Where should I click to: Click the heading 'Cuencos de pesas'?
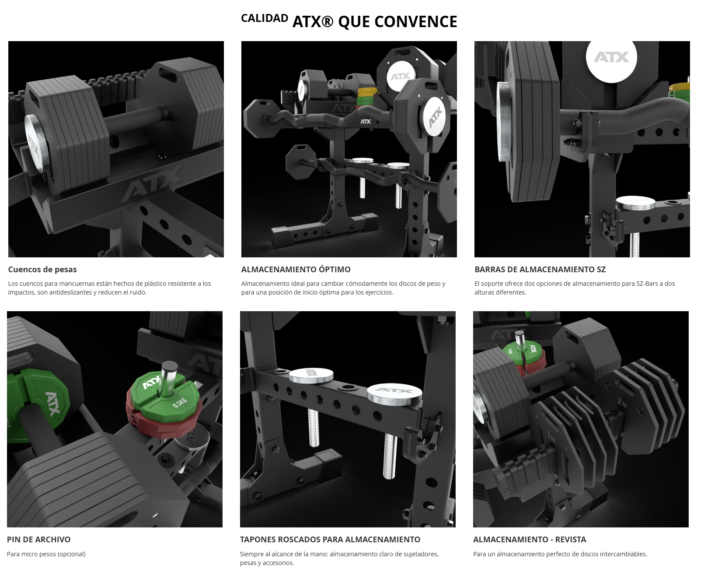[x=42, y=270]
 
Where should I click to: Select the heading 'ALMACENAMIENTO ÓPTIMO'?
[x=296, y=270]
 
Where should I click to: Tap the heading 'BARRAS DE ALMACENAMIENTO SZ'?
[x=540, y=270]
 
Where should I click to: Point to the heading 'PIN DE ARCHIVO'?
[x=38, y=540]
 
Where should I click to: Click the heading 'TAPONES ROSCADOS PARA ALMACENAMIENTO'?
[x=330, y=540]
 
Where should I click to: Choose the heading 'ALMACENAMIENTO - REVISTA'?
[x=530, y=540]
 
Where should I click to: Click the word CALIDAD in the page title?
[x=265, y=18]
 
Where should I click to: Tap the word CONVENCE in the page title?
[x=416, y=22]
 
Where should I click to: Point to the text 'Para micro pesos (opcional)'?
[x=46, y=554]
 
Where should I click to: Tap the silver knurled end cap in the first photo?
[x=34, y=142]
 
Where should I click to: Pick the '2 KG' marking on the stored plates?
[x=622, y=402]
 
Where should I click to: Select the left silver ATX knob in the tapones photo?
[x=311, y=375]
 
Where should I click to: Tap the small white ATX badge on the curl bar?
[x=366, y=122]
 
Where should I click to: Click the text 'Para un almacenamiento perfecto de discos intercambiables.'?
[x=560, y=554]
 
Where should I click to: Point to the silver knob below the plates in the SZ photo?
[x=635, y=203]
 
